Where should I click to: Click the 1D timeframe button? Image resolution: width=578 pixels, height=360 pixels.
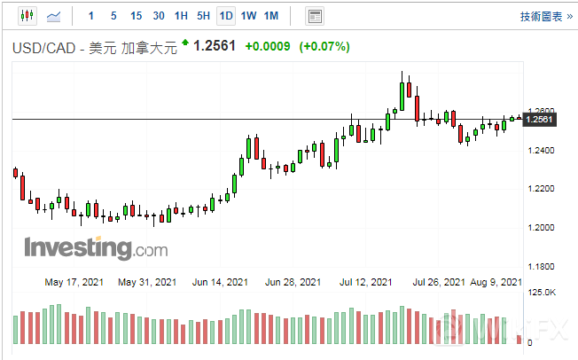(x=226, y=16)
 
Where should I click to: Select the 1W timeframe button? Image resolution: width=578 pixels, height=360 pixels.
(x=249, y=16)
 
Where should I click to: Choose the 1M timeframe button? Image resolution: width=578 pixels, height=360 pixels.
(x=271, y=16)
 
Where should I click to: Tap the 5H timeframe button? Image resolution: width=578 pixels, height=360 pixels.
(x=203, y=16)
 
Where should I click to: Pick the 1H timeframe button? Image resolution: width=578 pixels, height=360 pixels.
(x=181, y=16)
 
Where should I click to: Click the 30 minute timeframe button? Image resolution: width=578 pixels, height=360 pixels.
(x=158, y=16)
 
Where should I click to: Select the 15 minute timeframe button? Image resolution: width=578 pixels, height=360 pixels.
(x=136, y=16)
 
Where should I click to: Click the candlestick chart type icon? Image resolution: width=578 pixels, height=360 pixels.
(x=26, y=16)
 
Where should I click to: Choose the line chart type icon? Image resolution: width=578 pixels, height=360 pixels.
(x=54, y=16)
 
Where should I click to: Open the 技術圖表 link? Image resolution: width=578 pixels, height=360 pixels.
(x=543, y=16)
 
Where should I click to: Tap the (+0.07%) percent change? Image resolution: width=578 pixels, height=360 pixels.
(x=324, y=46)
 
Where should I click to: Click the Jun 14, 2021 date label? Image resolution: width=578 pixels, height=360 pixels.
(x=219, y=283)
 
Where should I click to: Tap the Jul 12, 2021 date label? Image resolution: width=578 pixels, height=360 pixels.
(x=365, y=283)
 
